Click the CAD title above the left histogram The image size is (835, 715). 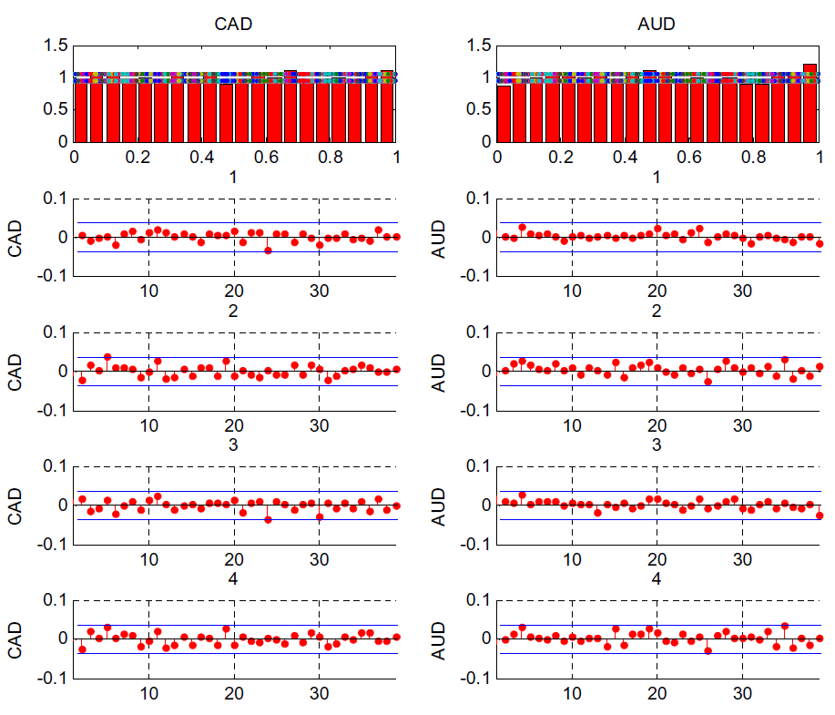pos(234,25)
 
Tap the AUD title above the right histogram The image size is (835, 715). pos(657,25)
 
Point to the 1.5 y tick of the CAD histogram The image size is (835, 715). pos(56,45)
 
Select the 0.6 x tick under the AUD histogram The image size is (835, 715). pos(690,157)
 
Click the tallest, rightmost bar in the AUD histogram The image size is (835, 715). pos(810,102)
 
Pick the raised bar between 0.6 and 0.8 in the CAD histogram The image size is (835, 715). pos(290,105)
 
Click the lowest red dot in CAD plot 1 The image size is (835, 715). pos(268,250)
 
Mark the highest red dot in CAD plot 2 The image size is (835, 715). pos(107,356)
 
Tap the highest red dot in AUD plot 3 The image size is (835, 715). pos(522,495)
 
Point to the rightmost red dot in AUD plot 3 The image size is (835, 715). pos(820,516)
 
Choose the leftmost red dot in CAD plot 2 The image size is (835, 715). pos(82,380)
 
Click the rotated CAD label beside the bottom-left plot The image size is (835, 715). pos(15,638)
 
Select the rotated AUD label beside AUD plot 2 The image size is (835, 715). pos(439,371)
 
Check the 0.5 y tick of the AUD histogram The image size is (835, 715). pos(479,109)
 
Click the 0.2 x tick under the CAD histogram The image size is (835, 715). pos(137,157)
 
